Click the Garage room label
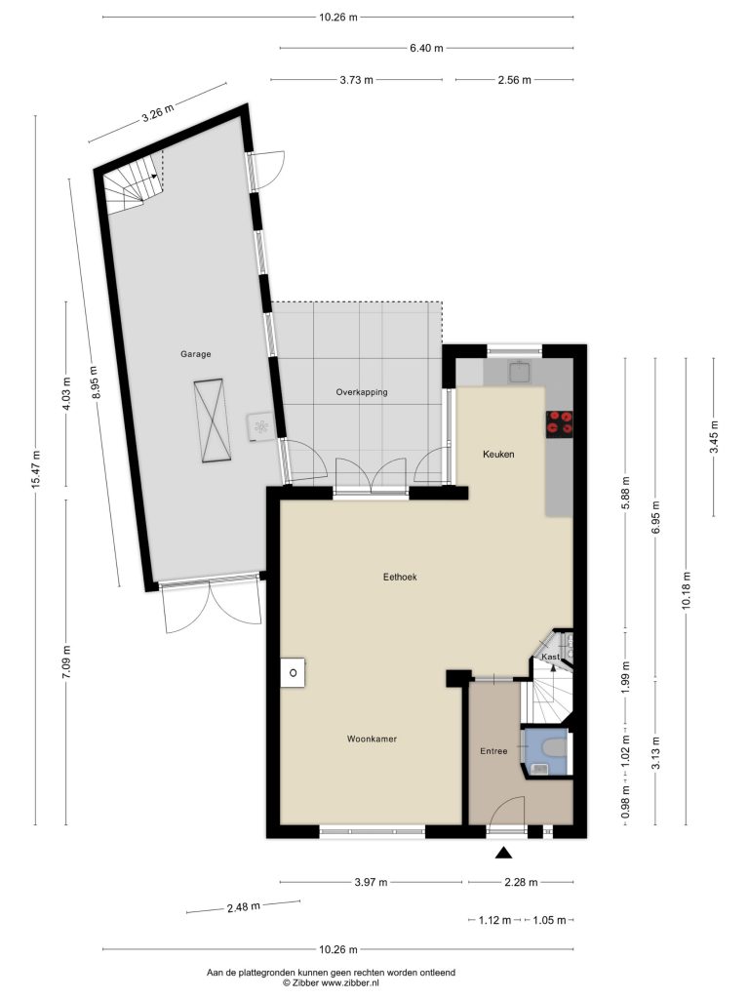(195, 354)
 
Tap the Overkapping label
(362, 392)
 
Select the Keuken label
(498, 455)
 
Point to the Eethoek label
(400, 577)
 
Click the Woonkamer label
(372, 739)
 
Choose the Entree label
(493, 751)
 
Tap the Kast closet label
(550, 657)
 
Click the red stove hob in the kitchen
(560, 423)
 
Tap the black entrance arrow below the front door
(504, 853)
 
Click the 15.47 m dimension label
(36, 470)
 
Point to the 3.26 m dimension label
(158, 112)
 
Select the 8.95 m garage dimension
(95, 382)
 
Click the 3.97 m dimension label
(371, 882)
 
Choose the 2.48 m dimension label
(243, 906)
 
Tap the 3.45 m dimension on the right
(714, 437)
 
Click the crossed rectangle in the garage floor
(212, 420)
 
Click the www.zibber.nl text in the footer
(350, 983)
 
